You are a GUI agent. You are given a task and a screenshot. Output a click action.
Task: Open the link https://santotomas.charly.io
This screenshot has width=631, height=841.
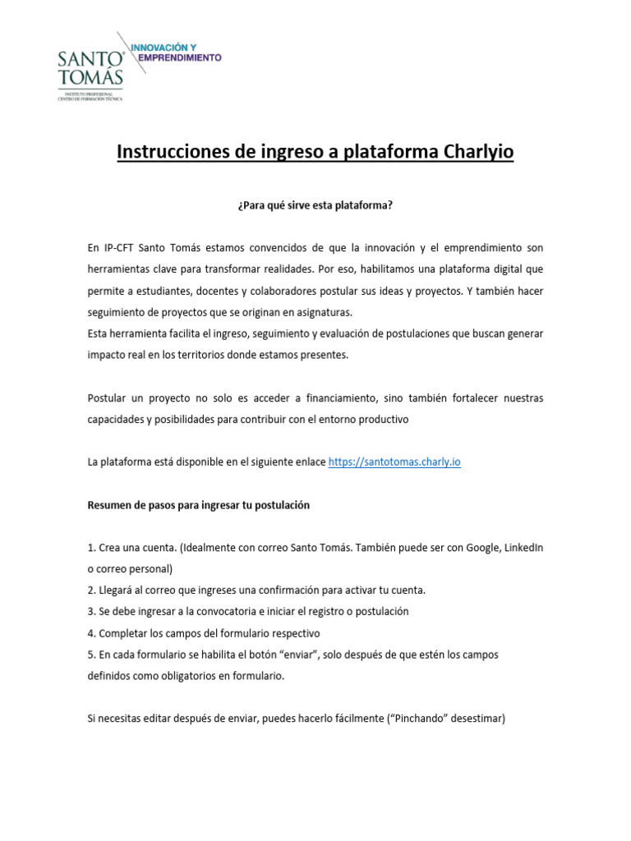[x=394, y=462]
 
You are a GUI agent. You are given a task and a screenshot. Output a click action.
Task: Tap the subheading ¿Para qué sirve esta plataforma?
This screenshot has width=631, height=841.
[x=315, y=205]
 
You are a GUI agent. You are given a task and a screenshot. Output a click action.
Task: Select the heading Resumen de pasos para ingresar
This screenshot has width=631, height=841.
[x=198, y=505]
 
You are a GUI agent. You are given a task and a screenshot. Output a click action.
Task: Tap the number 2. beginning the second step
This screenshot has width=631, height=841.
[x=92, y=591]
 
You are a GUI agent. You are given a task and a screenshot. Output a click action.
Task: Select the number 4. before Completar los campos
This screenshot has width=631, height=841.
[x=92, y=633]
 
